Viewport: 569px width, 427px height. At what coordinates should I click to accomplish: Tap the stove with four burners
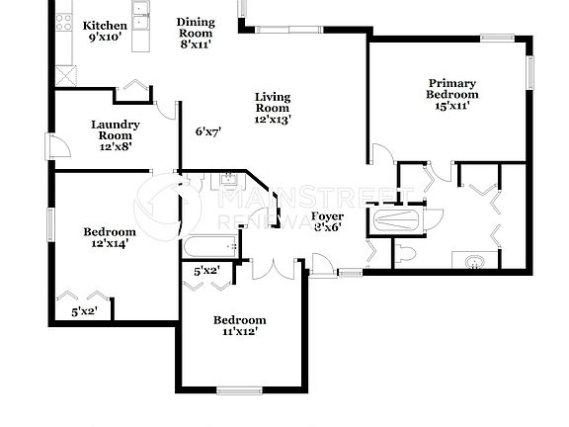(64, 20)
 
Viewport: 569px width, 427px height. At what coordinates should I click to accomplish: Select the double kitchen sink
(141, 12)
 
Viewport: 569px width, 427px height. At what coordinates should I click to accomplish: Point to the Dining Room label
(196, 33)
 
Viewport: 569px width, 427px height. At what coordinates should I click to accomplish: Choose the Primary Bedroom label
(452, 94)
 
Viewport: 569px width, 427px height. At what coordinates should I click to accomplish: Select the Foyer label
(327, 220)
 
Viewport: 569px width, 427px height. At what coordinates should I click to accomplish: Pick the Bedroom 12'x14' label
(109, 238)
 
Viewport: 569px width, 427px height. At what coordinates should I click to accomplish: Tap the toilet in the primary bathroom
(404, 255)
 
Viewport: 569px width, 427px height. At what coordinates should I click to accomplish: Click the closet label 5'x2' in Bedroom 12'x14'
(84, 312)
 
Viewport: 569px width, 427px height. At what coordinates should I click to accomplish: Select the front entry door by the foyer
(323, 263)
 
